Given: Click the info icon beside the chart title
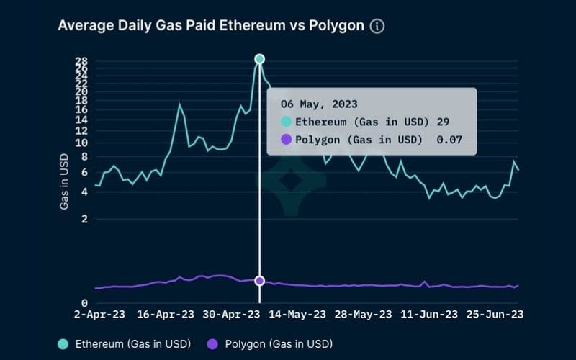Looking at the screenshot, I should (377, 26).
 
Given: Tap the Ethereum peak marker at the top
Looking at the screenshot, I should (259, 59).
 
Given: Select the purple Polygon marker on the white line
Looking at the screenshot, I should (259, 281).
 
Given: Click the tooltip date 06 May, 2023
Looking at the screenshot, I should (319, 104).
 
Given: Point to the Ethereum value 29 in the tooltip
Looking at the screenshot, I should (443, 122).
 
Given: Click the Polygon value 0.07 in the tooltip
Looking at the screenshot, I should (449, 140).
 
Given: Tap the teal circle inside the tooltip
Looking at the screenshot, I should (286, 122).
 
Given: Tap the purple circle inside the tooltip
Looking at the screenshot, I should (286, 140).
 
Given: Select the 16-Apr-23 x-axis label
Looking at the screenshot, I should (165, 315).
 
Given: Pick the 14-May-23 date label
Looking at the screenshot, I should (297, 315).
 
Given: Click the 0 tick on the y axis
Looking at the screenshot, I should (84, 304).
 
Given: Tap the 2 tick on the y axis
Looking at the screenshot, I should (84, 219).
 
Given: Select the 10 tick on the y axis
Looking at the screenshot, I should (81, 143).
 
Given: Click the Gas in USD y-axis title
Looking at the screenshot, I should (64, 181).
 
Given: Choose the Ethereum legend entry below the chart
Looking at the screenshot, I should (124, 344).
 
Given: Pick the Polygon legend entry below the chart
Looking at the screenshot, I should (269, 344).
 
